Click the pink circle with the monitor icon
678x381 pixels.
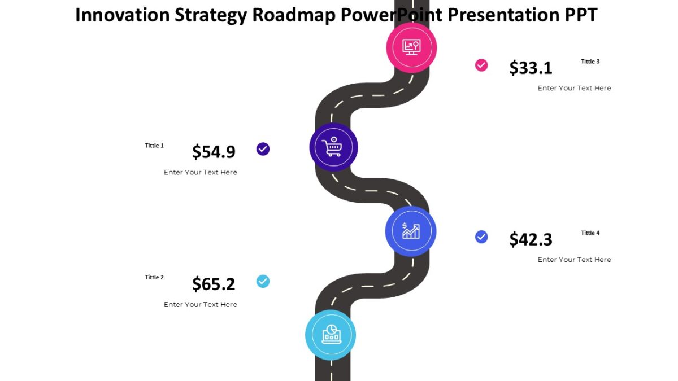coord(411,47)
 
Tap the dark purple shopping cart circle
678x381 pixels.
coord(333,147)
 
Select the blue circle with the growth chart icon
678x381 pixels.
coord(411,231)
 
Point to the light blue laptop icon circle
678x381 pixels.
coord(331,335)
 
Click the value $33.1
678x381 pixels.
coord(531,68)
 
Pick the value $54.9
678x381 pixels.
coord(214,152)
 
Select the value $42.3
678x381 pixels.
coord(531,239)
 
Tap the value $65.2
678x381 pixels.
coord(214,284)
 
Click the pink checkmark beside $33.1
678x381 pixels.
coord(481,65)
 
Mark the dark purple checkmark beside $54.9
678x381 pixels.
coord(263,149)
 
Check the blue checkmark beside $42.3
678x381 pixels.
coord(481,237)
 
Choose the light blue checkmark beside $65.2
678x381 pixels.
coord(263,281)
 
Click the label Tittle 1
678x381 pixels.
coord(154,146)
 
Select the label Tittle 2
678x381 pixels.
coord(154,277)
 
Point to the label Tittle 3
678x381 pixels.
coord(590,62)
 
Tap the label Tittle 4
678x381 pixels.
coord(590,233)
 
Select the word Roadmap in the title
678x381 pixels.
coord(294,15)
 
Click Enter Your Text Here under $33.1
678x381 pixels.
coord(574,88)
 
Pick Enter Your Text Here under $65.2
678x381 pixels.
coord(201,305)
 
